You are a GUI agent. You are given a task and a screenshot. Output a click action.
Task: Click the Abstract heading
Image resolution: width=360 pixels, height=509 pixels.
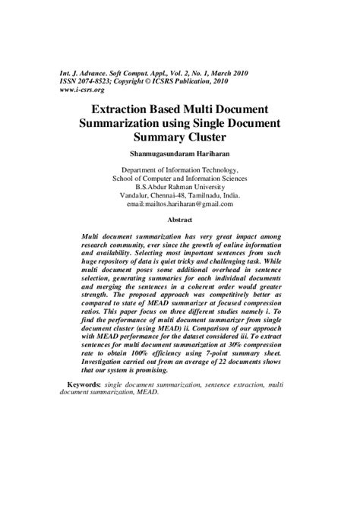point(180,219)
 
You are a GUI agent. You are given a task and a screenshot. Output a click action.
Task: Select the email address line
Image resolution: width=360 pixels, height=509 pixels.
point(180,204)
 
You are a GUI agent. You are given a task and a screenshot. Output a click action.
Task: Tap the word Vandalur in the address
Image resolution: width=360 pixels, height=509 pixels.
point(137,195)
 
